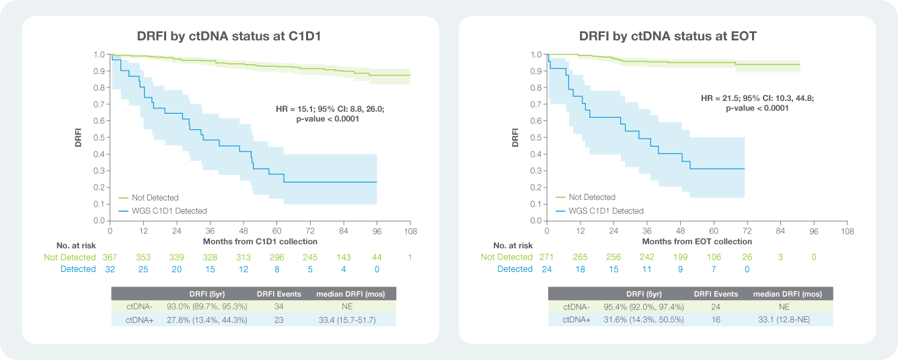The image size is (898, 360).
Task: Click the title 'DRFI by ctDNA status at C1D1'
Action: [x=229, y=36]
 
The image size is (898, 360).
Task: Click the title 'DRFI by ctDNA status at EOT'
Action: [x=668, y=36]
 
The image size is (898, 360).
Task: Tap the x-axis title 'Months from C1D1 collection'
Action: [x=260, y=241]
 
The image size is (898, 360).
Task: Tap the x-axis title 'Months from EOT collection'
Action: [x=697, y=241]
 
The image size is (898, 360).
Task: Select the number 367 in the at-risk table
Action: [x=110, y=257]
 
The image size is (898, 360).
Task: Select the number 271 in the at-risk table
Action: [x=547, y=257]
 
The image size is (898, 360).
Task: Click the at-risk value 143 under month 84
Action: [x=343, y=257]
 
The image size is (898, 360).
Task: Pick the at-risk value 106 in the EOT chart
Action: [x=714, y=257]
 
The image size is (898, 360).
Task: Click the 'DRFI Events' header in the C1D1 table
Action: [x=278, y=294]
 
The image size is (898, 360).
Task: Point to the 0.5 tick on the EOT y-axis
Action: [x=535, y=137]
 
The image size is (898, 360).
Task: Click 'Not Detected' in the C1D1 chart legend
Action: [x=155, y=198]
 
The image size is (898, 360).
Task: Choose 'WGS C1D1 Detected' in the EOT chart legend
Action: [x=606, y=211]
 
